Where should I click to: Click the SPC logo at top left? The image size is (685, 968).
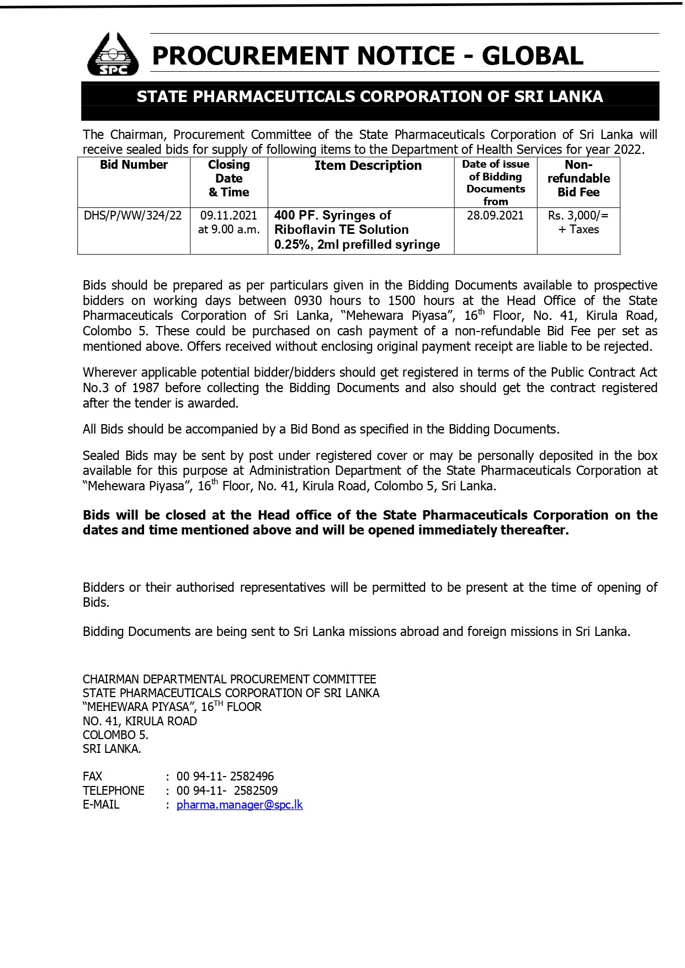click(x=113, y=54)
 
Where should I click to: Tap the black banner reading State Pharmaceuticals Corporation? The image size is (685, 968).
click(x=370, y=97)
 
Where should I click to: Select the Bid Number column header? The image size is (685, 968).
click(x=134, y=165)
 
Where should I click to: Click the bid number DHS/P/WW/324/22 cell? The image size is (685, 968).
click(x=132, y=215)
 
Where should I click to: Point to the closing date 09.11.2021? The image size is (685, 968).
click(x=229, y=215)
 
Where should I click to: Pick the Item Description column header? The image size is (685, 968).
click(x=368, y=165)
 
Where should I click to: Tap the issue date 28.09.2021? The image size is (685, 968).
click(x=495, y=215)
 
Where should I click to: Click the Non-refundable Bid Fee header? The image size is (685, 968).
click(x=578, y=178)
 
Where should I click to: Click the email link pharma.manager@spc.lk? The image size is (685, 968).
click(x=240, y=805)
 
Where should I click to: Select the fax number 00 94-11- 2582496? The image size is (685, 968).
click(x=225, y=777)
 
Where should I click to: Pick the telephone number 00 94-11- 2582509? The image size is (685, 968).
click(x=227, y=790)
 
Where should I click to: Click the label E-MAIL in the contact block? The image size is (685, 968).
click(x=101, y=805)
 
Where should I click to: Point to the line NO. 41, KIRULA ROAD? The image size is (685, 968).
click(x=140, y=721)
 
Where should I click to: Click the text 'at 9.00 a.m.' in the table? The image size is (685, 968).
click(x=229, y=229)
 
